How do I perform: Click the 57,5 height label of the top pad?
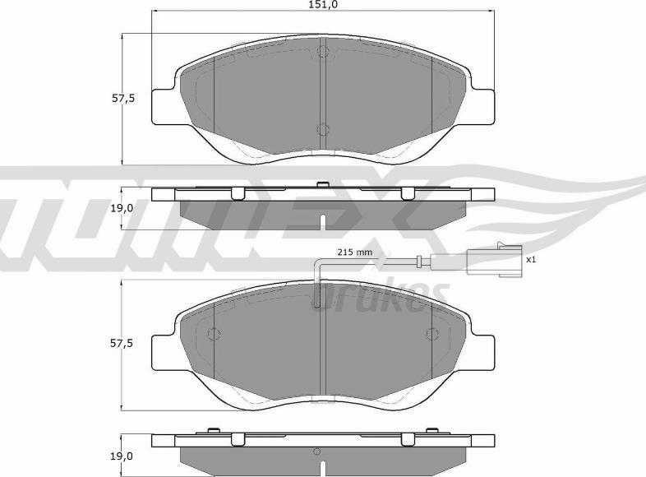(x=123, y=98)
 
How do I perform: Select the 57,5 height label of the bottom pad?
(x=123, y=343)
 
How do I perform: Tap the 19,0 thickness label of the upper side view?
(x=122, y=208)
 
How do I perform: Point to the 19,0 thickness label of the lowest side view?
(x=122, y=455)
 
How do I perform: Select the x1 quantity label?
(x=531, y=260)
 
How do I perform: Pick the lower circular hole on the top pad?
(x=322, y=129)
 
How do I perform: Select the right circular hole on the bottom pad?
(x=431, y=334)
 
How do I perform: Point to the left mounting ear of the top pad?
(x=164, y=105)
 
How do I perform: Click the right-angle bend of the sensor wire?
(x=319, y=262)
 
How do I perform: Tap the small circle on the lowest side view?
(x=317, y=452)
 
